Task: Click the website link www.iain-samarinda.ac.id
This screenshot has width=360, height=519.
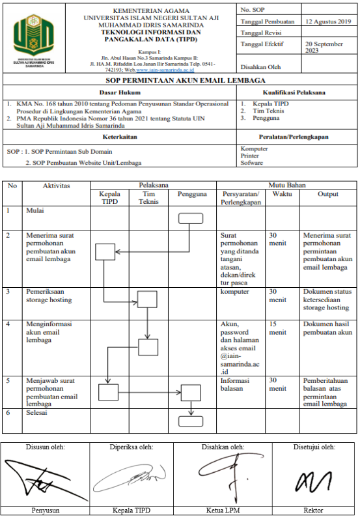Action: tap(165, 70)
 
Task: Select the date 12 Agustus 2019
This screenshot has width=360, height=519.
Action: tap(328, 21)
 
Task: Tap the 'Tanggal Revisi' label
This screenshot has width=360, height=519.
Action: tap(261, 33)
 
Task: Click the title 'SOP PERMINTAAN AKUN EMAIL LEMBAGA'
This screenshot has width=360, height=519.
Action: tap(186, 81)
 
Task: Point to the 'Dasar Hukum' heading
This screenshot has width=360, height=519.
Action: tap(120, 92)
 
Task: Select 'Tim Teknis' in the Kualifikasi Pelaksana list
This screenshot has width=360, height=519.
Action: tap(268, 111)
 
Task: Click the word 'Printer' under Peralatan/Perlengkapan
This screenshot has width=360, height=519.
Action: tap(249, 156)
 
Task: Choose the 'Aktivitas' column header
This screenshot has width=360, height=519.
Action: tap(56, 186)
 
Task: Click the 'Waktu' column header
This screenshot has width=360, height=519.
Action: tap(282, 194)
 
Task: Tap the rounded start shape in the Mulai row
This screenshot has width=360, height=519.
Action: tap(191, 218)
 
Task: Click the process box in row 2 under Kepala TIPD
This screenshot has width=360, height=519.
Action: tap(105, 252)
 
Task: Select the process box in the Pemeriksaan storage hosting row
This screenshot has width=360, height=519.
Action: tap(147, 299)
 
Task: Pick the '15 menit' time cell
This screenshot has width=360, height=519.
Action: tap(277, 328)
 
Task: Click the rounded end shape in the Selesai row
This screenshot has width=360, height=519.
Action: tap(191, 421)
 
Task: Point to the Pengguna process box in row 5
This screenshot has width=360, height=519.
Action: tap(191, 393)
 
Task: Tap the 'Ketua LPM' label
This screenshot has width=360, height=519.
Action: tap(223, 511)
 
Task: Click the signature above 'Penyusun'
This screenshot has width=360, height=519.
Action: tap(46, 480)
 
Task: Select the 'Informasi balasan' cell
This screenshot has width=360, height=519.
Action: tap(235, 384)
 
